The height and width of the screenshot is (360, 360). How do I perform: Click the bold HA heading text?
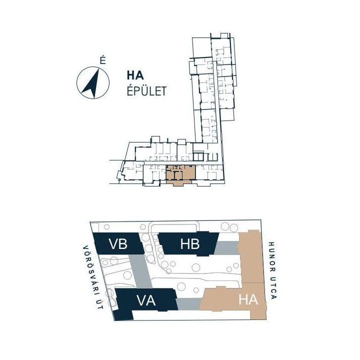[x=135, y=75]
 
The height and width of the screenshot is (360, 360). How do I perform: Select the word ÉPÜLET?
[x=146, y=91]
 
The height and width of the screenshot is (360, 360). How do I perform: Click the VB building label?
[x=118, y=244]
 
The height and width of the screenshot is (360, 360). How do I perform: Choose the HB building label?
[x=190, y=244]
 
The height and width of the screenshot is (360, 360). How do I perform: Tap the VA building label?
[x=146, y=300]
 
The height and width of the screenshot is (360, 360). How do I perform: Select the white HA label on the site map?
[x=248, y=299]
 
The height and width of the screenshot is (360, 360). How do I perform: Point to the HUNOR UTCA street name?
[x=272, y=270]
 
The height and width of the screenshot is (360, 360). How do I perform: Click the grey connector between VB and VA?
[x=140, y=271]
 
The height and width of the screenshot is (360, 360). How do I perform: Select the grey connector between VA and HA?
[x=188, y=304]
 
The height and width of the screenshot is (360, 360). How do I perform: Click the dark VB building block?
[x=118, y=243]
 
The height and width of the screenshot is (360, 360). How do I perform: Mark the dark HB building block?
[x=188, y=244]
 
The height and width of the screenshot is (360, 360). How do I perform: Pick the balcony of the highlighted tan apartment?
[x=179, y=183]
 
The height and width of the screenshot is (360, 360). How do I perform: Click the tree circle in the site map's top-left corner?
[x=106, y=227]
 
